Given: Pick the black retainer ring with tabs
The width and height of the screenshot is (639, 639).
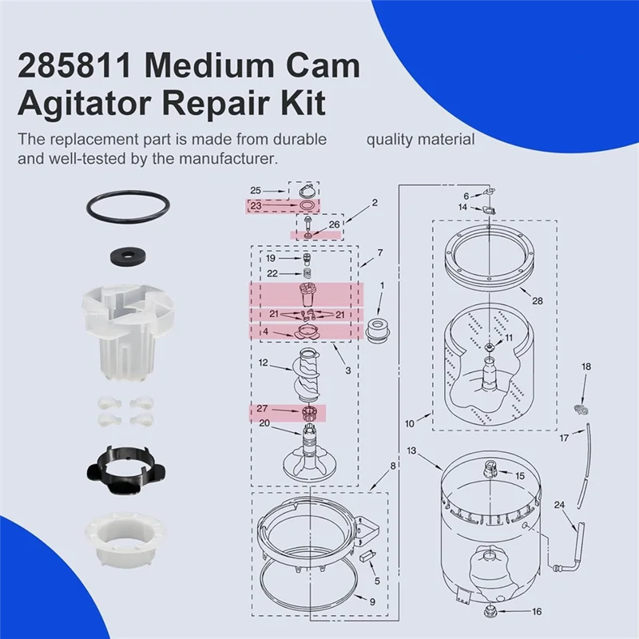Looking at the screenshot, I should [x=128, y=467].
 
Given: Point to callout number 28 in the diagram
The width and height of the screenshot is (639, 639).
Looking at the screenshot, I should [x=537, y=300].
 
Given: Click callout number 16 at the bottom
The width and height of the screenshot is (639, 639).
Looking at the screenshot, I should [x=537, y=612].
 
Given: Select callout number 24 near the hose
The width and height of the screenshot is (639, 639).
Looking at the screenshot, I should [x=559, y=504].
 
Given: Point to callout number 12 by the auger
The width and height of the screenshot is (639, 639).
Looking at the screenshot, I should [x=263, y=363].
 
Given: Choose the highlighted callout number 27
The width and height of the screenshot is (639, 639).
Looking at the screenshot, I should [x=263, y=408].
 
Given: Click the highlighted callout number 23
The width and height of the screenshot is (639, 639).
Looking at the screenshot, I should [x=256, y=205].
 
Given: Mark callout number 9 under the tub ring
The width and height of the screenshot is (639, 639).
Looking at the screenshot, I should [x=371, y=600].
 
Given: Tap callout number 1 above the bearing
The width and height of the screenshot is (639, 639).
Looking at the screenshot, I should [x=382, y=285].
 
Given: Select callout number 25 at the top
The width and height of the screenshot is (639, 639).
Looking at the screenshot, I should [x=256, y=190].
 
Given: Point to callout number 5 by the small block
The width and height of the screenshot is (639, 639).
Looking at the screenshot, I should [x=378, y=581].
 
